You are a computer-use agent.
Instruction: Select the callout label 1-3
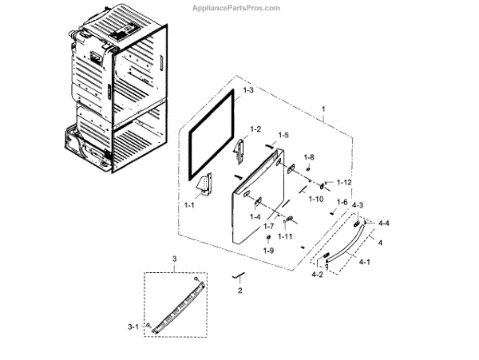point(249,92)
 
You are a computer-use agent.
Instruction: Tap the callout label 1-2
point(255,129)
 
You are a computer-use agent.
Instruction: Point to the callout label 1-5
point(283,135)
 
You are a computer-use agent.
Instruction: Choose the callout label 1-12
point(344,183)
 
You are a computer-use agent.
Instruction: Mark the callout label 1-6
point(342,202)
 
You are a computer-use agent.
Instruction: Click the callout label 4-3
point(358,207)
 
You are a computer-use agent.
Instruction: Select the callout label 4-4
point(385,222)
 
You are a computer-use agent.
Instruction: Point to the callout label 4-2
point(318,275)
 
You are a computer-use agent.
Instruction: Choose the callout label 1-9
point(268,251)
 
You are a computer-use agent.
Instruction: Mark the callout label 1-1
point(190,205)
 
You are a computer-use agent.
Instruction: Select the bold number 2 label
point(239,291)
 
